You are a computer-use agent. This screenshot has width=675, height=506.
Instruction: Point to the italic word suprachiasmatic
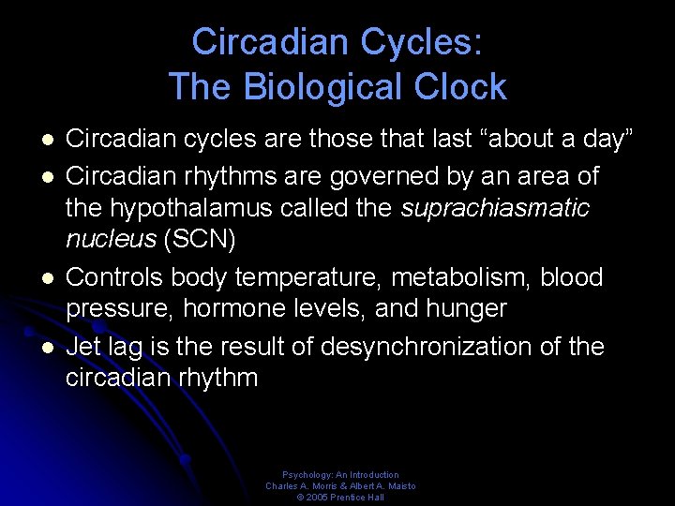[x=495, y=208]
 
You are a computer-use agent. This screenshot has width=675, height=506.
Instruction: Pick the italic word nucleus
[x=111, y=240]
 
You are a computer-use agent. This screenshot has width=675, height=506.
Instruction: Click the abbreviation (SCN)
[x=201, y=240]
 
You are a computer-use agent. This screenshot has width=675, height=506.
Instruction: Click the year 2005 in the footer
[x=317, y=498]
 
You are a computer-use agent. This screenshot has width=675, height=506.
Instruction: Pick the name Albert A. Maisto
[x=383, y=486]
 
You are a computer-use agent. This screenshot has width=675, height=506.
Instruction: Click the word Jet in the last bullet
[x=83, y=347]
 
